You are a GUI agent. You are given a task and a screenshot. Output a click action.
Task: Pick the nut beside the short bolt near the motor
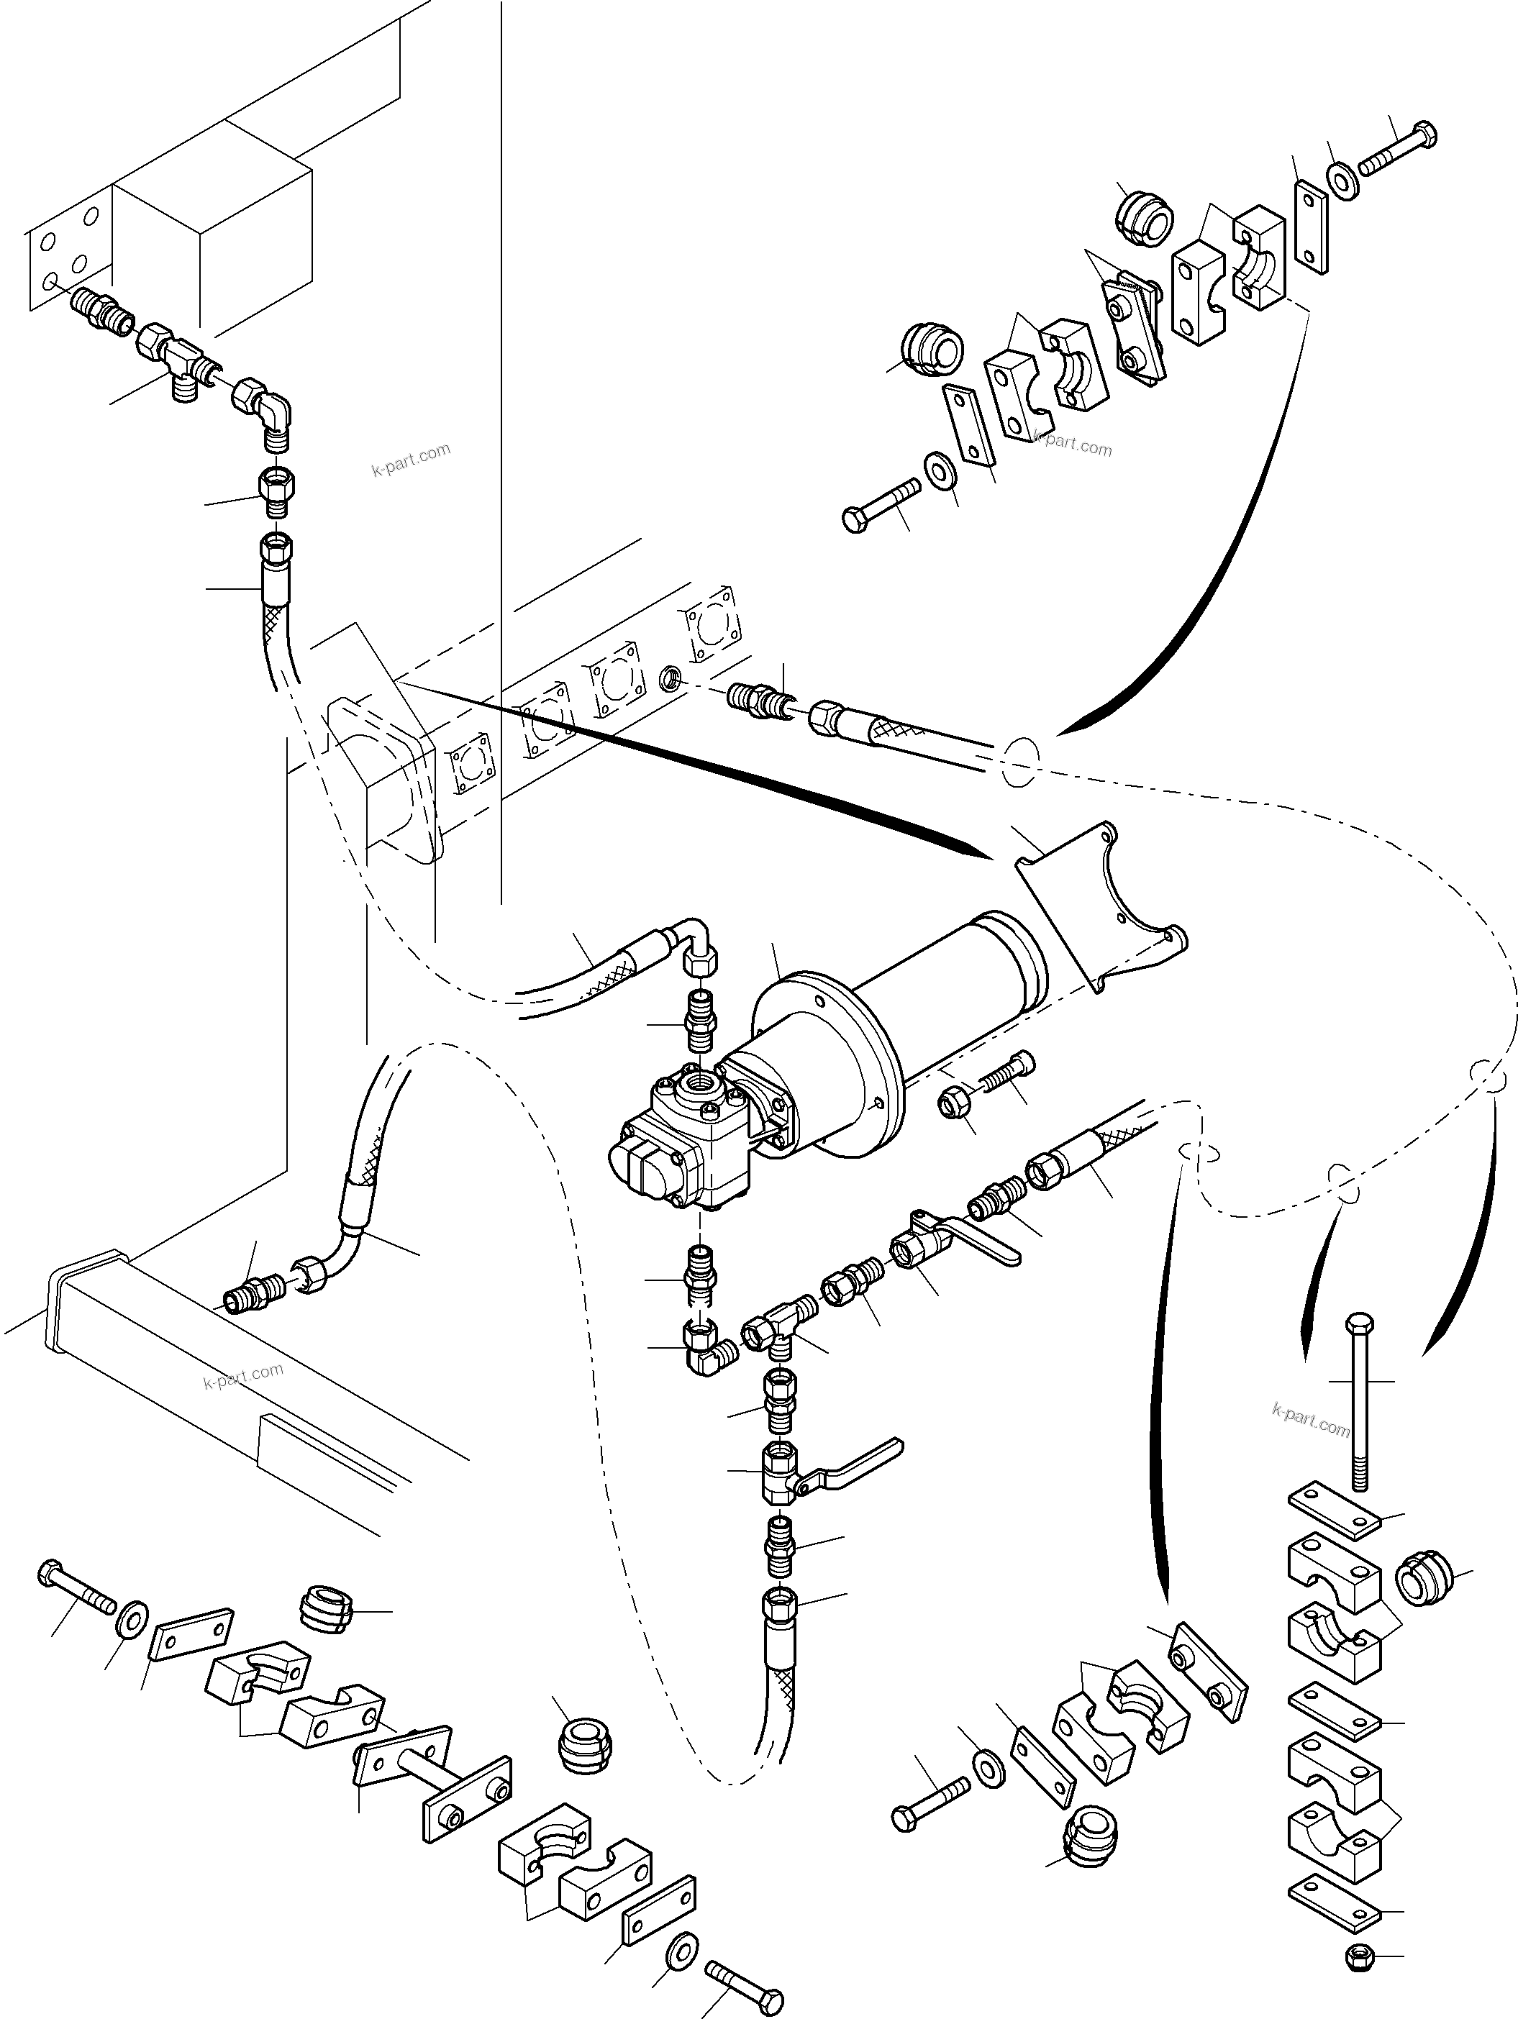tap(953, 1106)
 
